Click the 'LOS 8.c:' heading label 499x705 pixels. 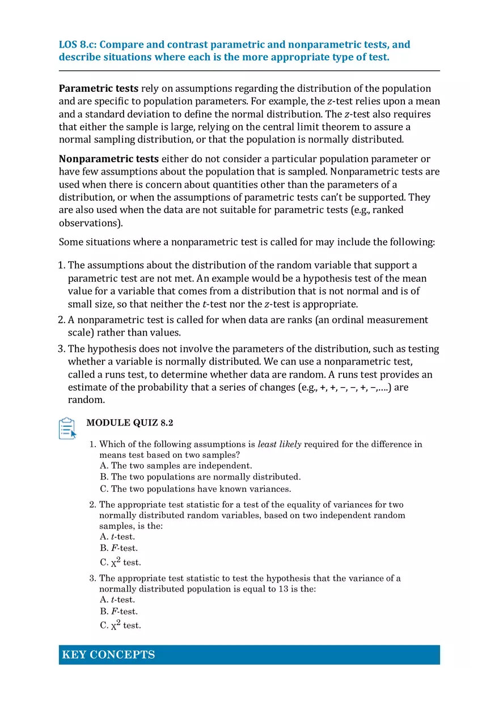(78, 45)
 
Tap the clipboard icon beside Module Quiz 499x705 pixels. (67, 428)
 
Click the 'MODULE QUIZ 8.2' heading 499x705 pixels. (129, 423)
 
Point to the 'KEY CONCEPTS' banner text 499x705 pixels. (108, 655)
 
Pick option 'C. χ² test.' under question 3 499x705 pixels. (120, 625)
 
